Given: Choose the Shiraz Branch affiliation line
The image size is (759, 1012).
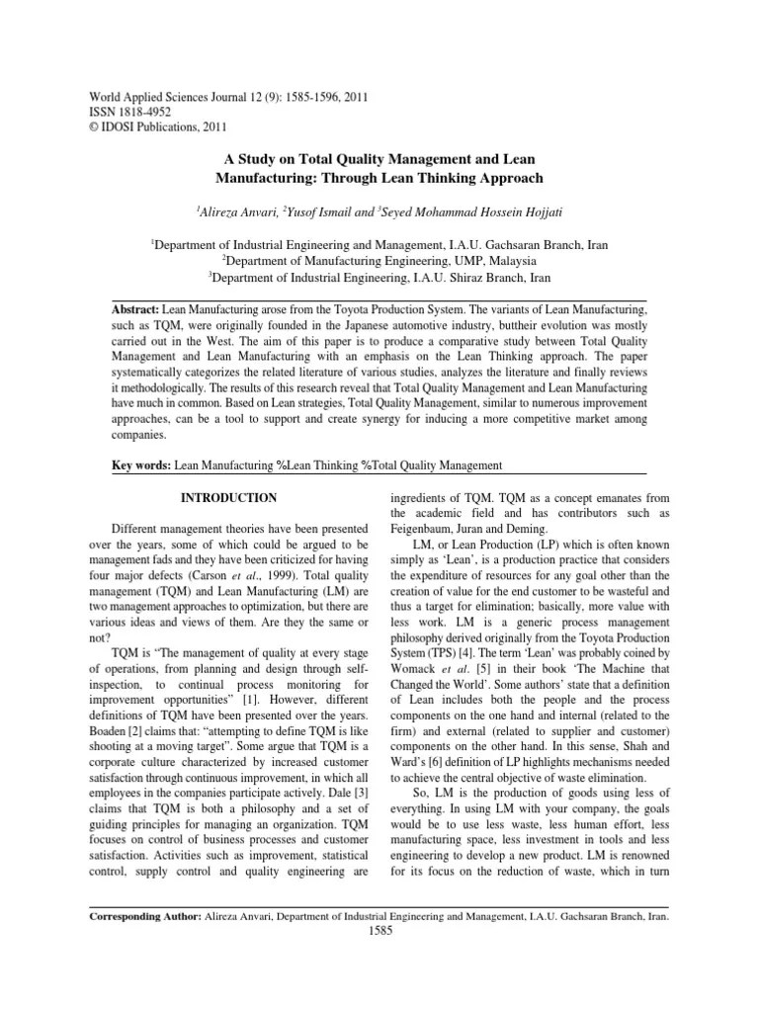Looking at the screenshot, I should pos(379,278).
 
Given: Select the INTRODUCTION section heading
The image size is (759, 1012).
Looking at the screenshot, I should pos(227,497).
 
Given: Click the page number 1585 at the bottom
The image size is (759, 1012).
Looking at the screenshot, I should pos(379,932).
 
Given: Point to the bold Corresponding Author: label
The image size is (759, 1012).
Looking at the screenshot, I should pos(144,917).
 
